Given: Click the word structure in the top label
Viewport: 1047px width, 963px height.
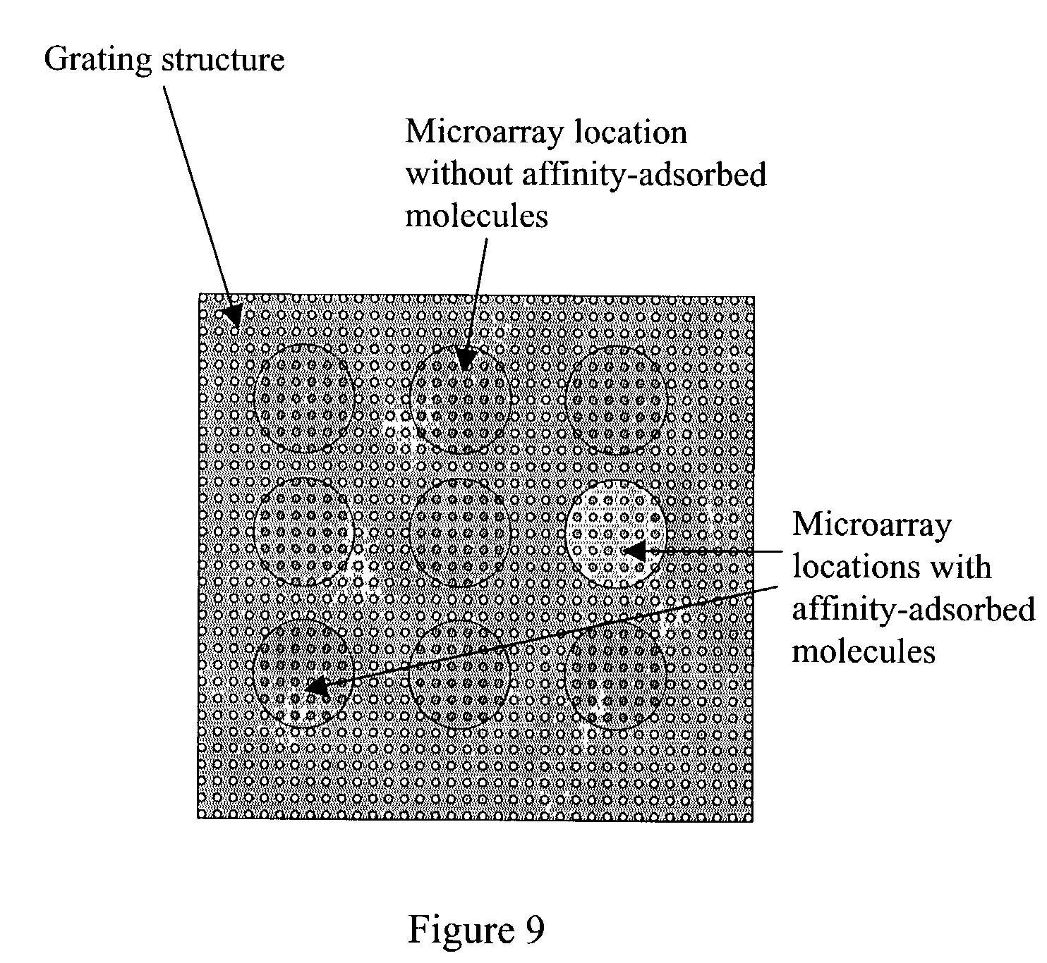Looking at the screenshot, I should pos(223,60).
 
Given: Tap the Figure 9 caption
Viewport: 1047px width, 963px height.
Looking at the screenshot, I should pos(476,931).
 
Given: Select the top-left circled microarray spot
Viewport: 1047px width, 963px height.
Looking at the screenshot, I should pos(304,398).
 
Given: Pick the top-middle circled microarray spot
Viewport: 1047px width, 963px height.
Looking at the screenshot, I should pos(460,400).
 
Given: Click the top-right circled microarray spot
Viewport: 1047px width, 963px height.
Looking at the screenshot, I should pos(617,400).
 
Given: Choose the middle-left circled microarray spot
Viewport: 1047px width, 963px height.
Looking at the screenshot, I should pos(304,532).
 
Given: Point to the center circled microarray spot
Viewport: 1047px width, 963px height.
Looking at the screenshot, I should pos(460,533).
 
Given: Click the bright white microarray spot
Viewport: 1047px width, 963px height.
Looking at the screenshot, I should pos(617,533).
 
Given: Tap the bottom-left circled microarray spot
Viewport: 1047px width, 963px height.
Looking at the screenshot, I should pos(303,674).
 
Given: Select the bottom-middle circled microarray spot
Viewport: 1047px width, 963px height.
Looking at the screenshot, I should pos(460,674).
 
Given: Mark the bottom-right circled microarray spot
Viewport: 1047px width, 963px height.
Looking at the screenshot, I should pos(617,674).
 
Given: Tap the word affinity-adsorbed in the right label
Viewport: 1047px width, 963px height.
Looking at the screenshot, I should pos(913,609).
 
